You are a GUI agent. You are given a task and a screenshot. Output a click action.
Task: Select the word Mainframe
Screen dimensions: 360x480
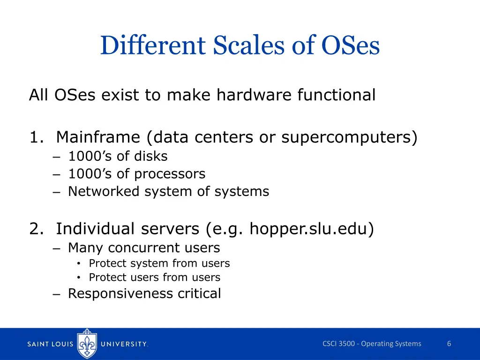[98, 137]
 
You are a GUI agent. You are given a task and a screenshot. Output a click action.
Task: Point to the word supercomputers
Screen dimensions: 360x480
[349, 137]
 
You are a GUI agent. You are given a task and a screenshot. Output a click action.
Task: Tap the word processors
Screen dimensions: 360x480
[170, 174]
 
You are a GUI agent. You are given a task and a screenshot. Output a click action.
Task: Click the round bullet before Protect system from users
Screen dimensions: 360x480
[81, 264]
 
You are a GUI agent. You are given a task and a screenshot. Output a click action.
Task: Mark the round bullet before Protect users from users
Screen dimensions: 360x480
[81, 277]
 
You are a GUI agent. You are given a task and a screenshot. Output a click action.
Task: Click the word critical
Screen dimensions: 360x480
[199, 293]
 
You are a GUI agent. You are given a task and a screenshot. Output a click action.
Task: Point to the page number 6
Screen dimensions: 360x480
[449, 344]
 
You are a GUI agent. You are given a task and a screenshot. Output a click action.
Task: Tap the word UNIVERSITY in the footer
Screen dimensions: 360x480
[124, 344]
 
